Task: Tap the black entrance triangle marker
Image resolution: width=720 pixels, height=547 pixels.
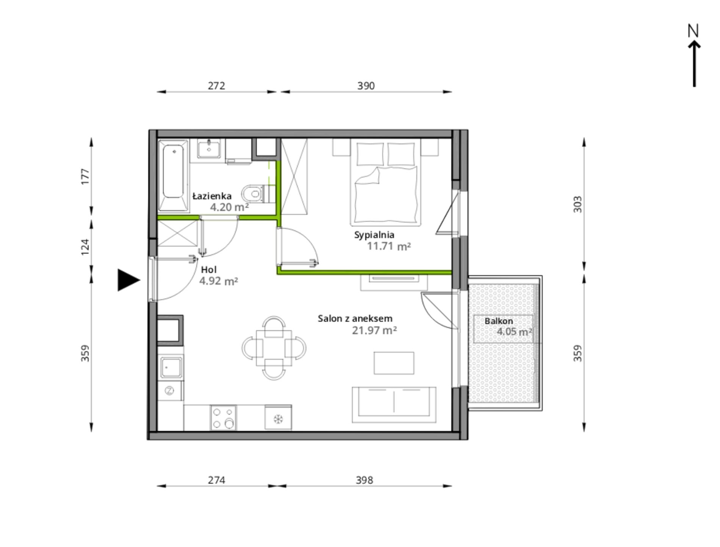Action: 128,280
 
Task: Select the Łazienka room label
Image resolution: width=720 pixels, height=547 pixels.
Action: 212,196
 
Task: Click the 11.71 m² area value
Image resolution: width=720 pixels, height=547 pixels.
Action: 389,246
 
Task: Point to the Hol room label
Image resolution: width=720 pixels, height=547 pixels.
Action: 209,270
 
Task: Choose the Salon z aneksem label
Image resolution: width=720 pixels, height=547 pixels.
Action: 355,319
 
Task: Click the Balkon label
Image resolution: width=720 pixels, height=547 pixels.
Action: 499,321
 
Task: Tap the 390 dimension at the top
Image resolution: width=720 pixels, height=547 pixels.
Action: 366,86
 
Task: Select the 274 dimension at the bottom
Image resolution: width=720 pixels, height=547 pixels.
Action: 216,480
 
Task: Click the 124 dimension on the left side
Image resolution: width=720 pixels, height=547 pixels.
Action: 85,247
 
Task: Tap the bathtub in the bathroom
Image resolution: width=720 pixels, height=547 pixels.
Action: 173,175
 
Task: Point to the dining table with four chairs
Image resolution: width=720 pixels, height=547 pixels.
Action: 274,348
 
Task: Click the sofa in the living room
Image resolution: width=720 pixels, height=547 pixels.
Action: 394,405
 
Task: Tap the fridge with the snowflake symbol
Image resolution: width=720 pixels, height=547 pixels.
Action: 278,418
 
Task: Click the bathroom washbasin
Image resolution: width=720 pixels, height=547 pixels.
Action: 208,148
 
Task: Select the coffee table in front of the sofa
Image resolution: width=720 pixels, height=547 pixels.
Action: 394,363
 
